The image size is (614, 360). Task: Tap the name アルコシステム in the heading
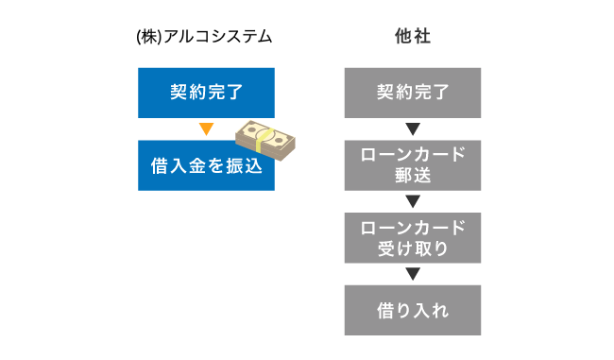tap(218, 38)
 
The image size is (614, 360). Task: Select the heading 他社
tap(412, 38)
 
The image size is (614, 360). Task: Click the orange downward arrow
tap(206, 129)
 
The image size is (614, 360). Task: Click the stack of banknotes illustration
tap(266, 142)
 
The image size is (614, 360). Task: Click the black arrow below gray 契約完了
tap(412, 129)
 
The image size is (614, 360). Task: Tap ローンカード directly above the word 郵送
tap(412, 156)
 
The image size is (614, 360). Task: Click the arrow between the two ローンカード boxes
tap(412, 202)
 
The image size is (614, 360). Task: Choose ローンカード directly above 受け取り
tap(412, 229)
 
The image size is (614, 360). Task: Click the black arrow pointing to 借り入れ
tap(412, 275)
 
